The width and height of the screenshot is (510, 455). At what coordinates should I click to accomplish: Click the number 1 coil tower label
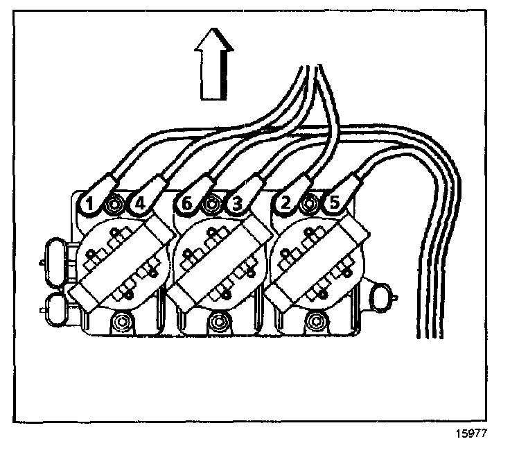click(89, 204)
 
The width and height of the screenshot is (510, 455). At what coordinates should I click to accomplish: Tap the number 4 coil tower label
click(139, 204)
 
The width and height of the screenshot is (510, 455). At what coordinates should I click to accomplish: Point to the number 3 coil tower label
click(236, 204)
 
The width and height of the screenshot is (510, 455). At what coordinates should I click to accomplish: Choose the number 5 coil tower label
click(335, 204)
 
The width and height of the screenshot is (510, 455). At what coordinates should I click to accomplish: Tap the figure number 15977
click(473, 438)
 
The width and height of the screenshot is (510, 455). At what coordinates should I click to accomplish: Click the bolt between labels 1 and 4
click(114, 204)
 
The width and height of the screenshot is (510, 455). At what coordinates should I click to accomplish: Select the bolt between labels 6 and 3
click(211, 204)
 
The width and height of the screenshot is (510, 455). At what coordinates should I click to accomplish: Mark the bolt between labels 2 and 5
click(310, 204)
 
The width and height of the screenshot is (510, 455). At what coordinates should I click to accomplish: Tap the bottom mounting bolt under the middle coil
click(221, 320)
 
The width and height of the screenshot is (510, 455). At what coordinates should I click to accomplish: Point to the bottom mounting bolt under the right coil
click(318, 320)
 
